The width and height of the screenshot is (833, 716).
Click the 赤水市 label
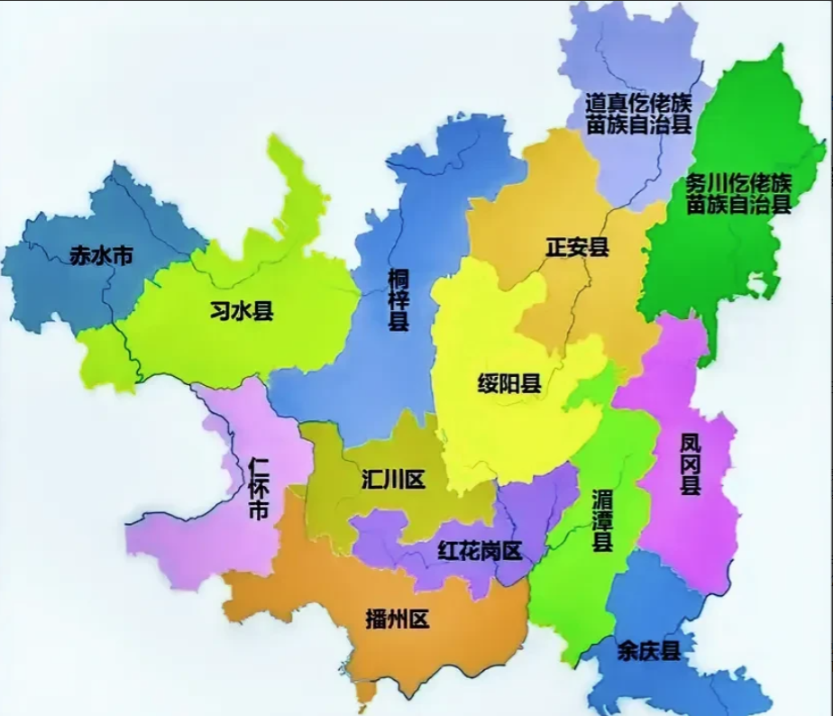pos(101,257)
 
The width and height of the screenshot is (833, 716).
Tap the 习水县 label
pos(241,312)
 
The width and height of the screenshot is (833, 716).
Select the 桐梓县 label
pos(398,298)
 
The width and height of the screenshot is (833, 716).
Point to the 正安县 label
pos(577,246)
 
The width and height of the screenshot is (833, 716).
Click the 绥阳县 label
pos(509,383)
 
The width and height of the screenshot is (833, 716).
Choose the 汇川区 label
pos(392,478)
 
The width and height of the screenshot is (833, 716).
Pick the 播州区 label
pos(398,620)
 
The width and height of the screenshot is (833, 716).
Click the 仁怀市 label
pos(258,488)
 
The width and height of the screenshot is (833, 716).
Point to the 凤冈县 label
pos(690,464)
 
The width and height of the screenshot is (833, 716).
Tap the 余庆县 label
pos(649,650)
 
